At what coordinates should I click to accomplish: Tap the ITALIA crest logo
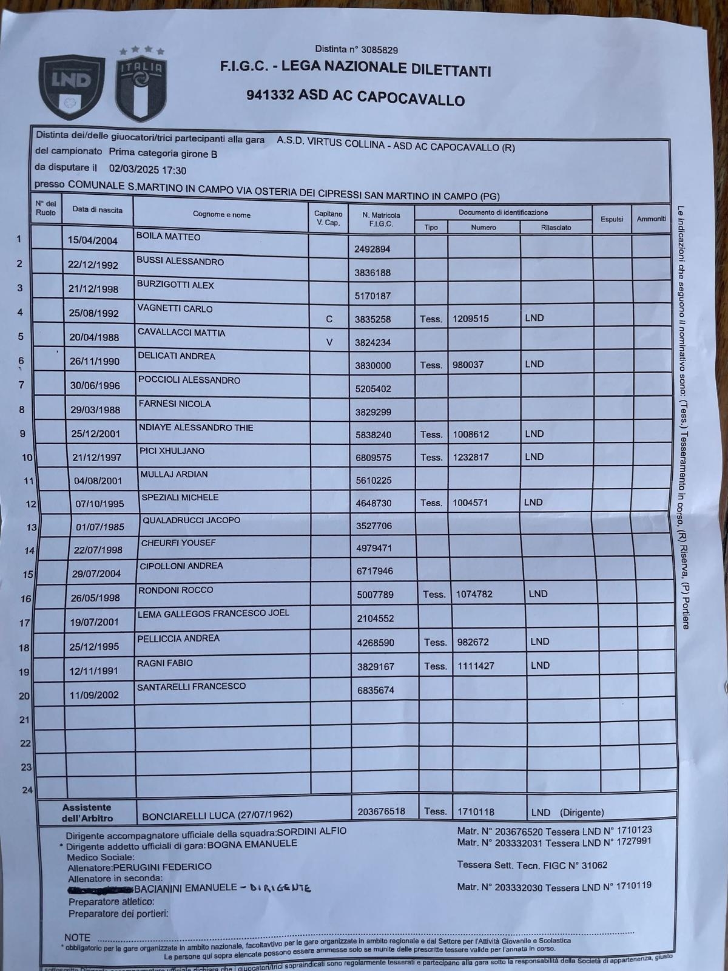point(141,84)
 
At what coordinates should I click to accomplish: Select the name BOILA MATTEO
point(169,237)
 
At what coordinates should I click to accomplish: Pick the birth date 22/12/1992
point(93,265)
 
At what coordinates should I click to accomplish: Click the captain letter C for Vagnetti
point(329,319)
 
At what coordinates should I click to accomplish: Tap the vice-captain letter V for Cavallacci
point(329,342)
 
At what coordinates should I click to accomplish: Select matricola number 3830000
point(372,365)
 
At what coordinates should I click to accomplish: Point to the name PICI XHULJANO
point(172,451)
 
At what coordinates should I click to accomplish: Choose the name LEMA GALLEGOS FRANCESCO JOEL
point(214,614)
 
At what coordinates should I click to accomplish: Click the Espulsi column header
point(612,219)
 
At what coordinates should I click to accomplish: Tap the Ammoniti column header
point(652,218)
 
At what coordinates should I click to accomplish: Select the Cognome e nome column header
point(221,214)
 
